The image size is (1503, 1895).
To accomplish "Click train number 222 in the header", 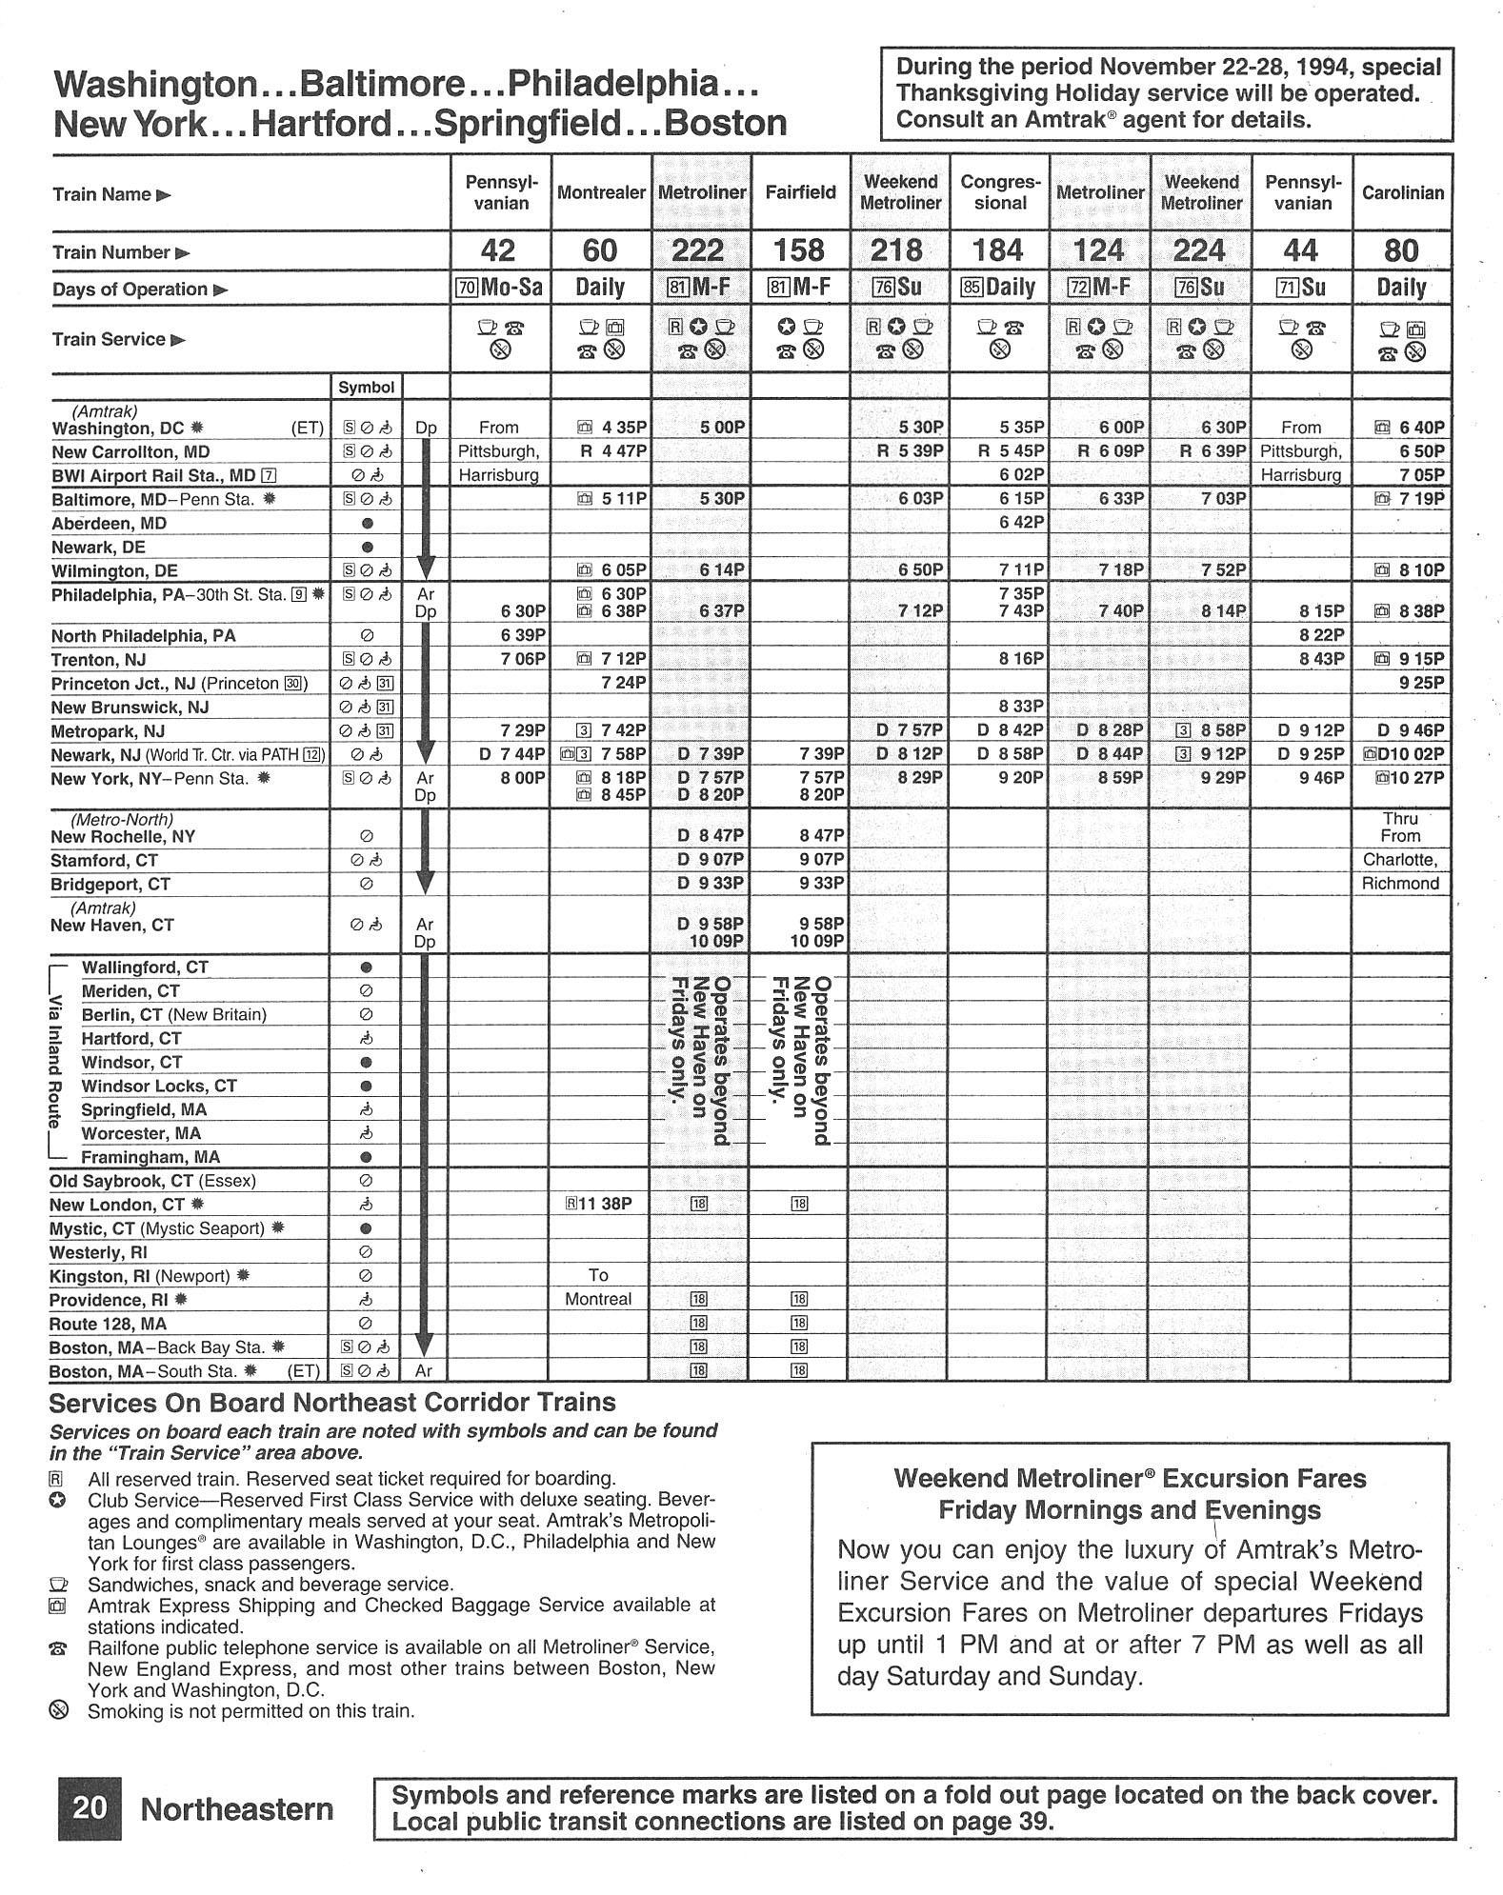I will click(698, 250).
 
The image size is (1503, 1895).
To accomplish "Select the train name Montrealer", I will click(601, 193).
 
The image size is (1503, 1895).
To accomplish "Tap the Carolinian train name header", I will click(1402, 193).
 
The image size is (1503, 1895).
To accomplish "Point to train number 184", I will click(998, 250).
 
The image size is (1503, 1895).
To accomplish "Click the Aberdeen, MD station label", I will click(110, 524).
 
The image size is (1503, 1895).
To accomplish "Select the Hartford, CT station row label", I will click(130, 1039).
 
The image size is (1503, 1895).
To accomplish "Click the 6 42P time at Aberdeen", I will click(1022, 523).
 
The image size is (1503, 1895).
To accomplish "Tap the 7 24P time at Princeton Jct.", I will click(624, 683).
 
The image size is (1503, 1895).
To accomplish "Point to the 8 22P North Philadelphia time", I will click(1321, 635).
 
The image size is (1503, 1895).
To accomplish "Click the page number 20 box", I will click(90, 1807).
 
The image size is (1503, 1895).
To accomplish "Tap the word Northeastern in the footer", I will click(237, 1809).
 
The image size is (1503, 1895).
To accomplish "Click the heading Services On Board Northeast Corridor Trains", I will click(332, 1403).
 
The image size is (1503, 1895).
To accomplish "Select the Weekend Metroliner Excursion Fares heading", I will click(1130, 1494).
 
